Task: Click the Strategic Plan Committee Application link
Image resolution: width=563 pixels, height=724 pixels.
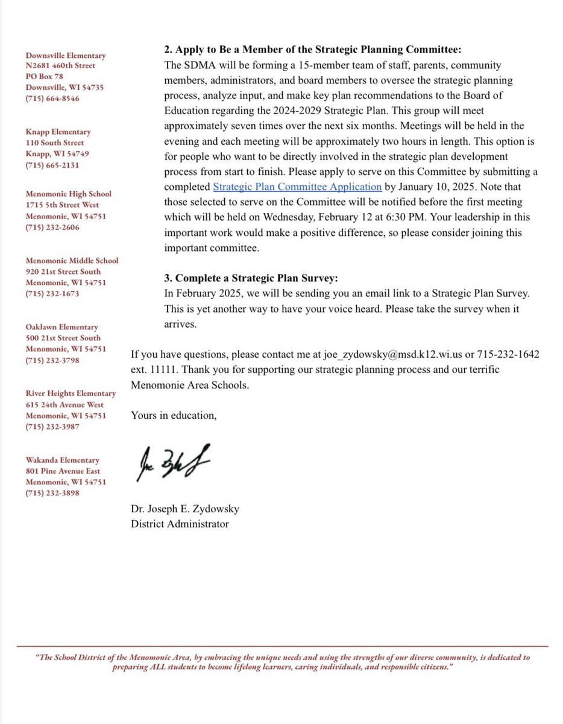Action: pyautogui.click(x=297, y=186)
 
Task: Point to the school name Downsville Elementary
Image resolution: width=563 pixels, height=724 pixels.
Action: pyautogui.click(x=65, y=56)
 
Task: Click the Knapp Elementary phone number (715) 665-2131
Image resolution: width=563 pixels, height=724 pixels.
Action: pyautogui.click(x=52, y=165)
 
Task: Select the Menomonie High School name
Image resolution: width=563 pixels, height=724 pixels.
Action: pyautogui.click(x=68, y=194)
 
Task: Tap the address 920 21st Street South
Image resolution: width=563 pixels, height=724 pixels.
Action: pyautogui.click(x=63, y=271)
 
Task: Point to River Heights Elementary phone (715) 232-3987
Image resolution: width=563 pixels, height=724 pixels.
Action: pyautogui.click(x=52, y=427)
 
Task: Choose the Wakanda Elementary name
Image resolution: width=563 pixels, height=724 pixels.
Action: pyautogui.click(x=62, y=460)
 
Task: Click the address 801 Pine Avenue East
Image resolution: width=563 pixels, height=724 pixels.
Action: pyautogui.click(x=63, y=471)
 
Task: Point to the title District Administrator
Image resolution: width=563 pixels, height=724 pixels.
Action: pyautogui.click(x=180, y=524)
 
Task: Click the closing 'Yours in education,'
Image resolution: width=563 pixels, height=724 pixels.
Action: pyautogui.click(x=173, y=415)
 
